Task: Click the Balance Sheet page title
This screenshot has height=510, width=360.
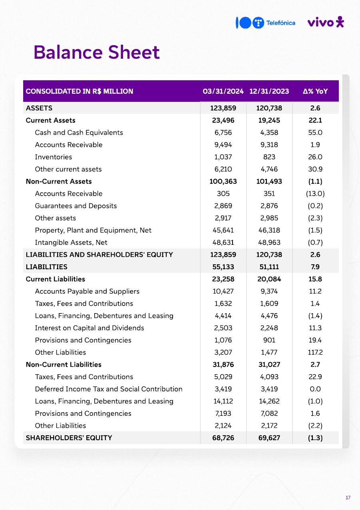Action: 96,52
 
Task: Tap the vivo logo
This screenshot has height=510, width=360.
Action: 325,22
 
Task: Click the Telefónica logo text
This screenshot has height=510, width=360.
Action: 280,23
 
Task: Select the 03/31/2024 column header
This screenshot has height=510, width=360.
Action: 223,91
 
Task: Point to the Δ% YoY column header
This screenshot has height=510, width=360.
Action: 315,91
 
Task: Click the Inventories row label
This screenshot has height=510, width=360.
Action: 54,157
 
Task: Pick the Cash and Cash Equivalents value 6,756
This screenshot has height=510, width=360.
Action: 223,133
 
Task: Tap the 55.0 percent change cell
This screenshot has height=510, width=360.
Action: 315,133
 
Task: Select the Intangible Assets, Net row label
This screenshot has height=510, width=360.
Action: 71,242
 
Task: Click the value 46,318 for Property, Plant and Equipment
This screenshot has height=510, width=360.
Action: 269,230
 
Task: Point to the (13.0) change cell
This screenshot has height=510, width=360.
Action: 315,194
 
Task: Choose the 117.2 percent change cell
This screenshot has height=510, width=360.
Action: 315,352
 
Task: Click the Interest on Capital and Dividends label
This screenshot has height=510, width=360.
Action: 90,328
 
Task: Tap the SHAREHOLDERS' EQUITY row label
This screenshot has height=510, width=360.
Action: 69,438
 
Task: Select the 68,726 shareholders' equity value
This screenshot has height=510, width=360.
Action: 223,438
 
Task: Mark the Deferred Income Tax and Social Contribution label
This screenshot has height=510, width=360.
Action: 109,389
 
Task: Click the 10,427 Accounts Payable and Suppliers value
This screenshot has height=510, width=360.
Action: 223,291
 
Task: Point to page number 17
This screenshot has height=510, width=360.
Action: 348,497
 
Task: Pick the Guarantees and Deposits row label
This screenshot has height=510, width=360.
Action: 76,206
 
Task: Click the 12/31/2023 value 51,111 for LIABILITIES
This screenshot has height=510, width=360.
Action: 269,267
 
